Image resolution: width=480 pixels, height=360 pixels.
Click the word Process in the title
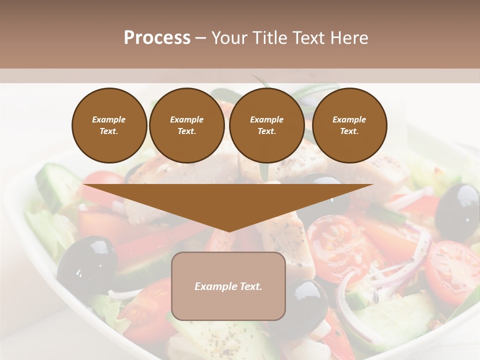click(x=157, y=38)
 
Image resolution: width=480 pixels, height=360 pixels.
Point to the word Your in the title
click(x=229, y=38)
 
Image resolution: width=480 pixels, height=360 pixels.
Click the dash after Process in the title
click(x=200, y=38)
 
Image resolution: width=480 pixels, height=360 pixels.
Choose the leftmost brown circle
click(x=109, y=125)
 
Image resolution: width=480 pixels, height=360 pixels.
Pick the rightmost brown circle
click(x=349, y=125)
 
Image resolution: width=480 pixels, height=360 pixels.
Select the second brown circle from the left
click(x=186, y=125)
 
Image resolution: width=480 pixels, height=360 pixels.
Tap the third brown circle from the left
click(x=266, y=125)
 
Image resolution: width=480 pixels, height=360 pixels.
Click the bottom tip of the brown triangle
click(x=228, y=230)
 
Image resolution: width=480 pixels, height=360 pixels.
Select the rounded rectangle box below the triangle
click(x=228, y=300)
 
